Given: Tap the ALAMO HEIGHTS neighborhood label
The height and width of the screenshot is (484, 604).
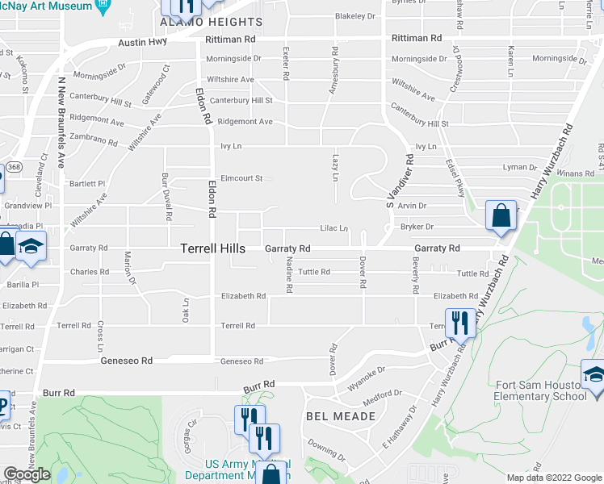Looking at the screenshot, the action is pyautogui.click(x=212, y=22).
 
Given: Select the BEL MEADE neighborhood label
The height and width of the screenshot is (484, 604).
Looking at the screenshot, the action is pyautogui.click(x=341, y=416).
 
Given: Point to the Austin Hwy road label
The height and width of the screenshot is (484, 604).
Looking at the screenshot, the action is pyautogui.click(x=141, y=43).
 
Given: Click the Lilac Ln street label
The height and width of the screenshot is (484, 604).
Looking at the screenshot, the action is pyautogui.click(x=333, y=228).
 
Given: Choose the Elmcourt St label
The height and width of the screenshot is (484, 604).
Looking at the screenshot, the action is pyautogui.click(x=241, y=178).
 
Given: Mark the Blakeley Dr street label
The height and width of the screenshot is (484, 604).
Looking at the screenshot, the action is pyautogui.click(x=355, y=16).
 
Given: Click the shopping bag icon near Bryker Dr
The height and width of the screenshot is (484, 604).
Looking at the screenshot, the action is pyautogui.click(x=501, y=216).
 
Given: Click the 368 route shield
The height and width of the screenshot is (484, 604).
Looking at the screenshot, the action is pyautogui.click(x=14, y=168).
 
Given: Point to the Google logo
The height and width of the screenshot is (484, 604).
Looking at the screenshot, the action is pyautogui.click(x=27, y=474).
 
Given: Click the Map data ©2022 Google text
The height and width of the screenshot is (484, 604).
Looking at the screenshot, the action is pyautogui.click(x=554, y=478).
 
